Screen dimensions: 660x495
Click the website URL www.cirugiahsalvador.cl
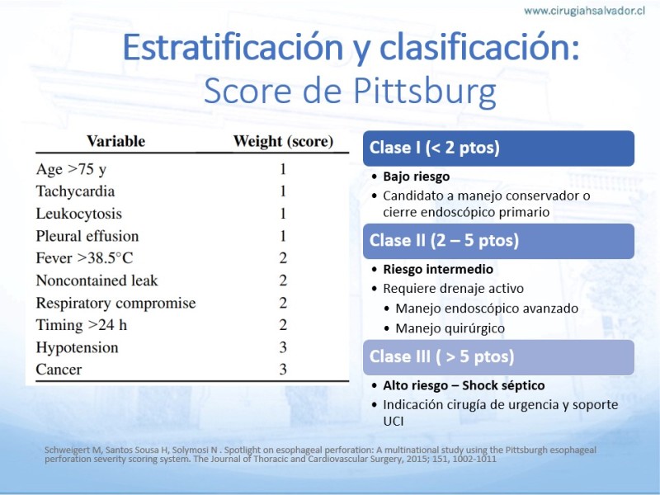click(x=584, y=11)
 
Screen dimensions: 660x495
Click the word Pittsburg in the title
click(x=424, y=92)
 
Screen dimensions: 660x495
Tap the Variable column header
click(x=115, y=141)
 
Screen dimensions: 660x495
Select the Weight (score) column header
click(x=283, y=141)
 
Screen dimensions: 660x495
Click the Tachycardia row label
click(x=75, y=191)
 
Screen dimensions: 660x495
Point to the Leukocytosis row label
click(x=78, y=214)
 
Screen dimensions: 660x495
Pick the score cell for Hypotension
click(x=283, y=347)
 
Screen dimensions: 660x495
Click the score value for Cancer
click(x=283, y=369)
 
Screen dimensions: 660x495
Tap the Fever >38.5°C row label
click(x=85, y=258)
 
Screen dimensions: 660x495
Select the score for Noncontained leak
click(x=283, y=280)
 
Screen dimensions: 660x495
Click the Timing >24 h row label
click(x=82, y=325)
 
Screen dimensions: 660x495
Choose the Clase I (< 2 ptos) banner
click(x=498, y=148)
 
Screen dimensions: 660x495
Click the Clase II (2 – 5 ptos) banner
click(x=498, y=241)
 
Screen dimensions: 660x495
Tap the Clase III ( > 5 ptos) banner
click(x=498, y=357)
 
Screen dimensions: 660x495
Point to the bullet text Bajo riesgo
click(x=417, y=177)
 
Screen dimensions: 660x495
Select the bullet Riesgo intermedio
click(x=438, y=270)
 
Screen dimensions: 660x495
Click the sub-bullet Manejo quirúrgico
click(x=450, y=328)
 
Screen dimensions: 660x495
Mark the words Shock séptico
click(x=503, y=385)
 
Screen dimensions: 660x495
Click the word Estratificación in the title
click(x=233, y=48)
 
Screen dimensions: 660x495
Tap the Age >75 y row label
click(x=71, y=169)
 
